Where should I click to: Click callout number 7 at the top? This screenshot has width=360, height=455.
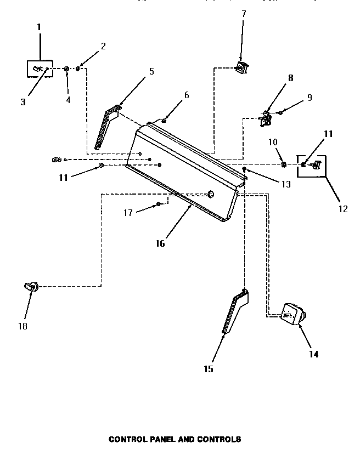point(244,13)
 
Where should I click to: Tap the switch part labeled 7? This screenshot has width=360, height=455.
point(240,67)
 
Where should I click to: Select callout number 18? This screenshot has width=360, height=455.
point(22,326)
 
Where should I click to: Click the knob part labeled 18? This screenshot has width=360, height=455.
point(30,286)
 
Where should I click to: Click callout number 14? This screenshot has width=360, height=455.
point(313,354)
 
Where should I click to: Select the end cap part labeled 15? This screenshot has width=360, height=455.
point(234,312)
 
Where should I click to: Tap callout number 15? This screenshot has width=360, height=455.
point(209,369)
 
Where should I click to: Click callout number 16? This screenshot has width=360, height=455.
point(160,243)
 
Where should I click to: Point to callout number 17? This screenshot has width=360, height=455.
point(128,213)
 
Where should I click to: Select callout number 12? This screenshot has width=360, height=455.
point(342,208)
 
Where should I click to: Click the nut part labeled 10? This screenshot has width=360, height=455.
point(284,164)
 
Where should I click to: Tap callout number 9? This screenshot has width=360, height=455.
point(310,98)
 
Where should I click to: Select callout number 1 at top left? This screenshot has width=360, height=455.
point(39,26)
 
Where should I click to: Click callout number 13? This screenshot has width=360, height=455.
point(286,185)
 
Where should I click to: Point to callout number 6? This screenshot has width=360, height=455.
point(187,95)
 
